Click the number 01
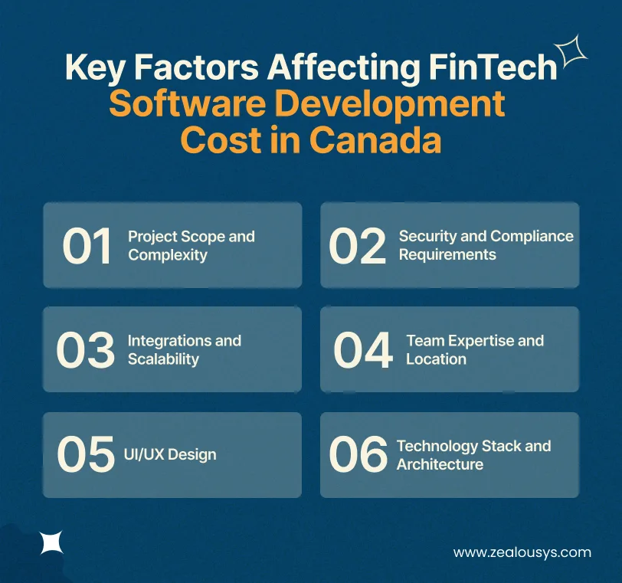pos(87,246)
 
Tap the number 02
pos(358,246)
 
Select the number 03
pos(84,350)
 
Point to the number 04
pos(363,350)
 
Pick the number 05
pos(86,454)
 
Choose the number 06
pos(358,454)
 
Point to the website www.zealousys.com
pos(522,552)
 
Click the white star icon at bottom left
pos(51,544)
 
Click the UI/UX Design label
pos(170,454)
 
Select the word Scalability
pos(163,359)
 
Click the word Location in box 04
pos(436,359)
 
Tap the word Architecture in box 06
pos(440,464)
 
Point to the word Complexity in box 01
pos(168,255)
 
